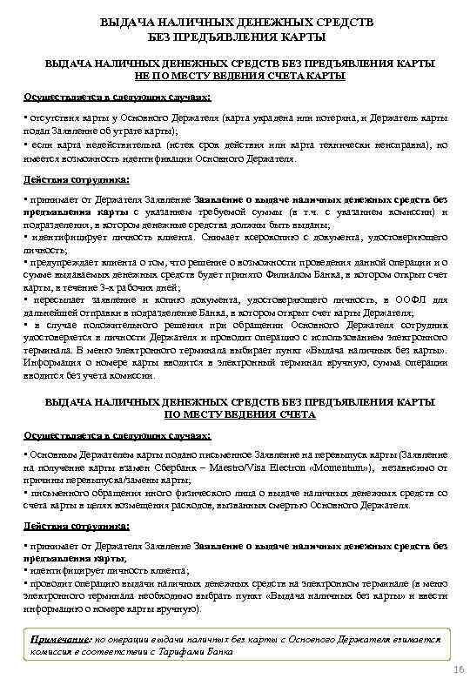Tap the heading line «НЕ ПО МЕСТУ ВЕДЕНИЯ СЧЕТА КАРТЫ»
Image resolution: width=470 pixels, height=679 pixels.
233,77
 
